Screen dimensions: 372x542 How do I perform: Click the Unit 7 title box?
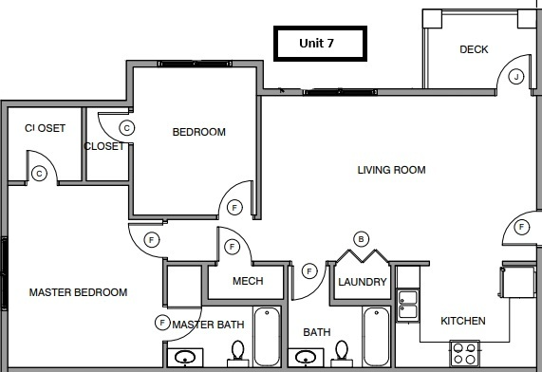click(317, 44)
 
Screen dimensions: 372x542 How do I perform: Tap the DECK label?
click(474, 49)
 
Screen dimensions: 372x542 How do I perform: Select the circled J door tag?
click(515, 77)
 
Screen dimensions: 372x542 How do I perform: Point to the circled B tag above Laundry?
click(360, 238)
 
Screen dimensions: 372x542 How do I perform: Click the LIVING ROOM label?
click(391, 171)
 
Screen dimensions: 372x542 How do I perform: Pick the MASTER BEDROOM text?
click(78, 292)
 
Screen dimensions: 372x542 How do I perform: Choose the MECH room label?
click(247, 282)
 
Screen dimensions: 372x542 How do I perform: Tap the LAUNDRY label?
click(363, 283)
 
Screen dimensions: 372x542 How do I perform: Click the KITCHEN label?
click(463, 322)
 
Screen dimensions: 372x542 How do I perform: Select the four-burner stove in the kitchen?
click(464, 354)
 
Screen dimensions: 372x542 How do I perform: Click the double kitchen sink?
click(407, 303)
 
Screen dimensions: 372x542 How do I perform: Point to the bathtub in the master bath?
click(266, 338)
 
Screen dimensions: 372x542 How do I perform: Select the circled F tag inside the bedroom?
click(234, 207)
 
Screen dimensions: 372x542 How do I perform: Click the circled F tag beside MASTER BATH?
click(161, 324)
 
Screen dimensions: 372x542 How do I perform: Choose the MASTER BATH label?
click(208, 325)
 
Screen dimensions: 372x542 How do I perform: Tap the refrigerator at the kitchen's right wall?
click(518, 284)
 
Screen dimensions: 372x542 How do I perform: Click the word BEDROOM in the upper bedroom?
click(198, 132)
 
